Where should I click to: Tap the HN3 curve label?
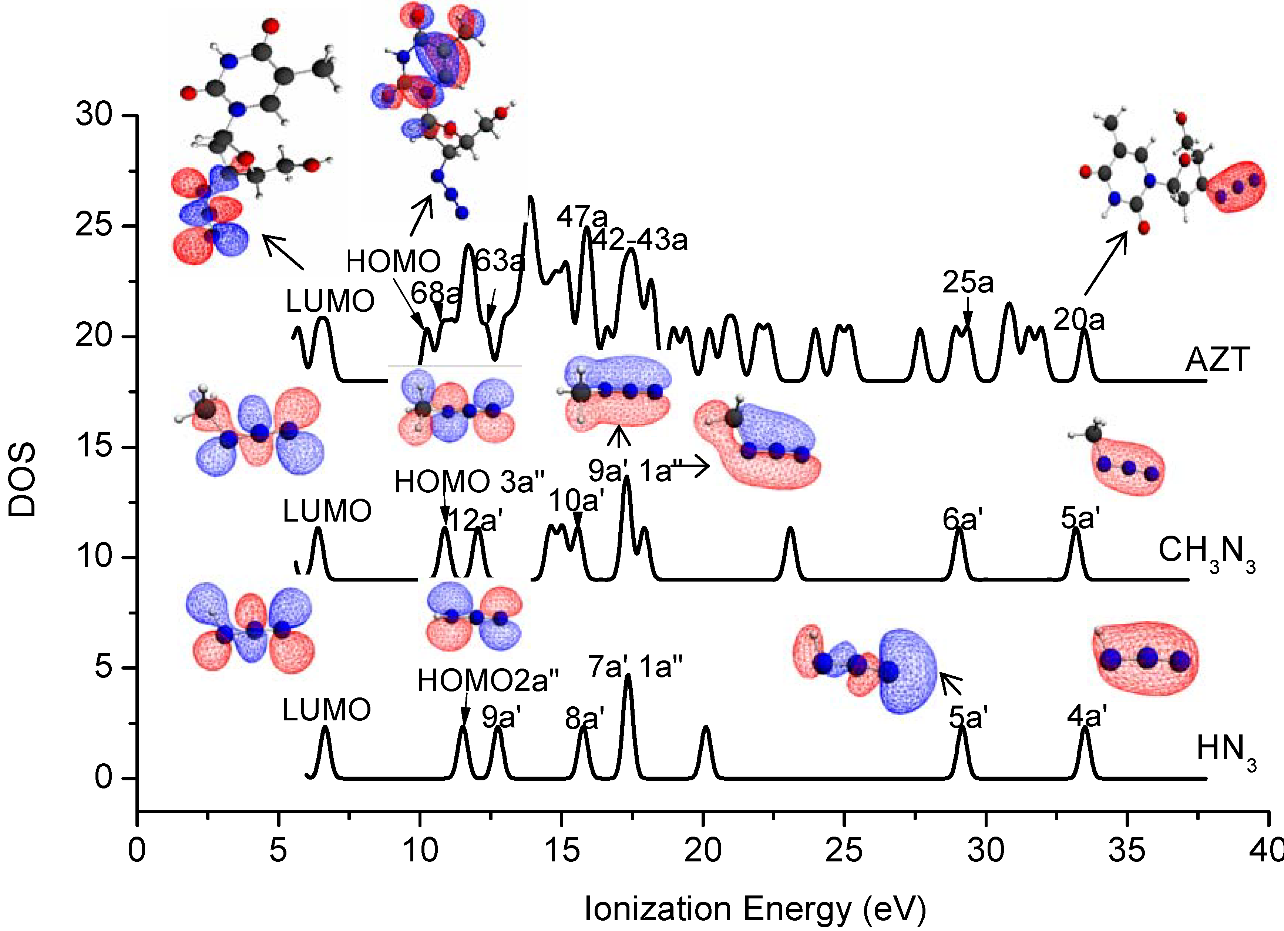coord(1225,750)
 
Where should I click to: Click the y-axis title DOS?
coord(23,480)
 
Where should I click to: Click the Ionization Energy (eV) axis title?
coord(754,908)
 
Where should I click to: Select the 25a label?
coord(968,282)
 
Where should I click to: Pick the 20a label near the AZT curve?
coord(1079,321)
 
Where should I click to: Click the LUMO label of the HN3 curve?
coord(327,710)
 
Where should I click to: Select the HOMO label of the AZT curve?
coord(393,262)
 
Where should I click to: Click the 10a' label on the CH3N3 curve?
coord(577,500)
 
